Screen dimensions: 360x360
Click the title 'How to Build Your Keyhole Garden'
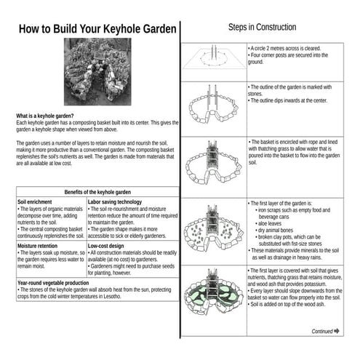coord(97,29)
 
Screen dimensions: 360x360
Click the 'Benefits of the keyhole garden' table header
coord(97,191)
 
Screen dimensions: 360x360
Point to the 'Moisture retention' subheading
coord(39,246)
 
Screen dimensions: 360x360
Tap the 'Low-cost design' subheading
coord(109,246)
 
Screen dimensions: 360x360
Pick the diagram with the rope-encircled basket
coord(212,165)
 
